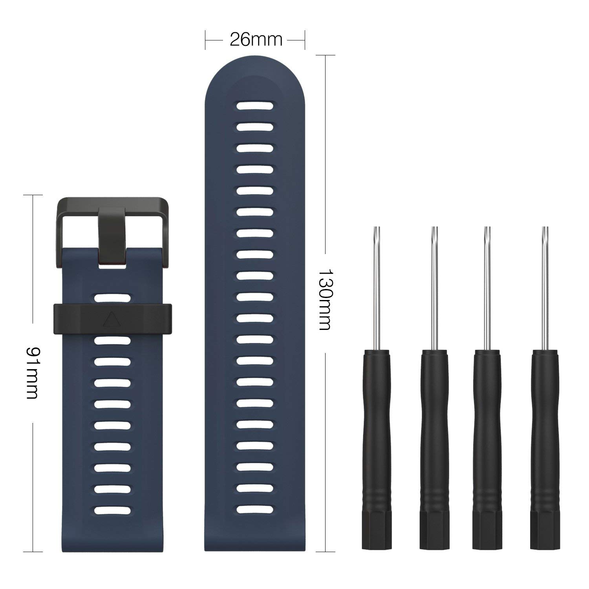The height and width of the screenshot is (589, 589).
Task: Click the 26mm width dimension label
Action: click(256, 40)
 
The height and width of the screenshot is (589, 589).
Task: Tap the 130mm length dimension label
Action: click(325, 299)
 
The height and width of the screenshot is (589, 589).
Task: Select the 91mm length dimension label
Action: click(32, 373)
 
